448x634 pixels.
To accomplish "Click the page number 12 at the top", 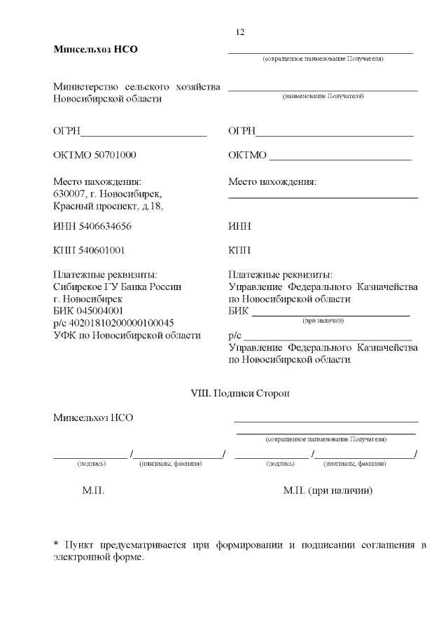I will click(x=240, y=32).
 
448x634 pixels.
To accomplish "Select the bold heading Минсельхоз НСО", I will click(x=96, y=50).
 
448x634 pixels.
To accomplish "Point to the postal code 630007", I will click(x=69, y=194).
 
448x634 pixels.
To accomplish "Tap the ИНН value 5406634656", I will click(x=102, y=227).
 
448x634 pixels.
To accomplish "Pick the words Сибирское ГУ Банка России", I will click(x=117, y=287).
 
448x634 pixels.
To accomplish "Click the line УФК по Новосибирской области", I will click(x=127, y=335).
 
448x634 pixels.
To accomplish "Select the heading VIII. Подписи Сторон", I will click(x=240, y=394).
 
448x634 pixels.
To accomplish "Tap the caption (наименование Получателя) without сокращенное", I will click(x=323, y=96).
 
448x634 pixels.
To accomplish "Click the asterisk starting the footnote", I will click(x=56, y=545).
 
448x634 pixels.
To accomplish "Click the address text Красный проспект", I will click(x=95, y=206).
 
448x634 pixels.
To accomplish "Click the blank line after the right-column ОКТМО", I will click(x=340, y=158).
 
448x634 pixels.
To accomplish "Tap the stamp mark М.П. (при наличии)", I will click(x=328, y=491).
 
